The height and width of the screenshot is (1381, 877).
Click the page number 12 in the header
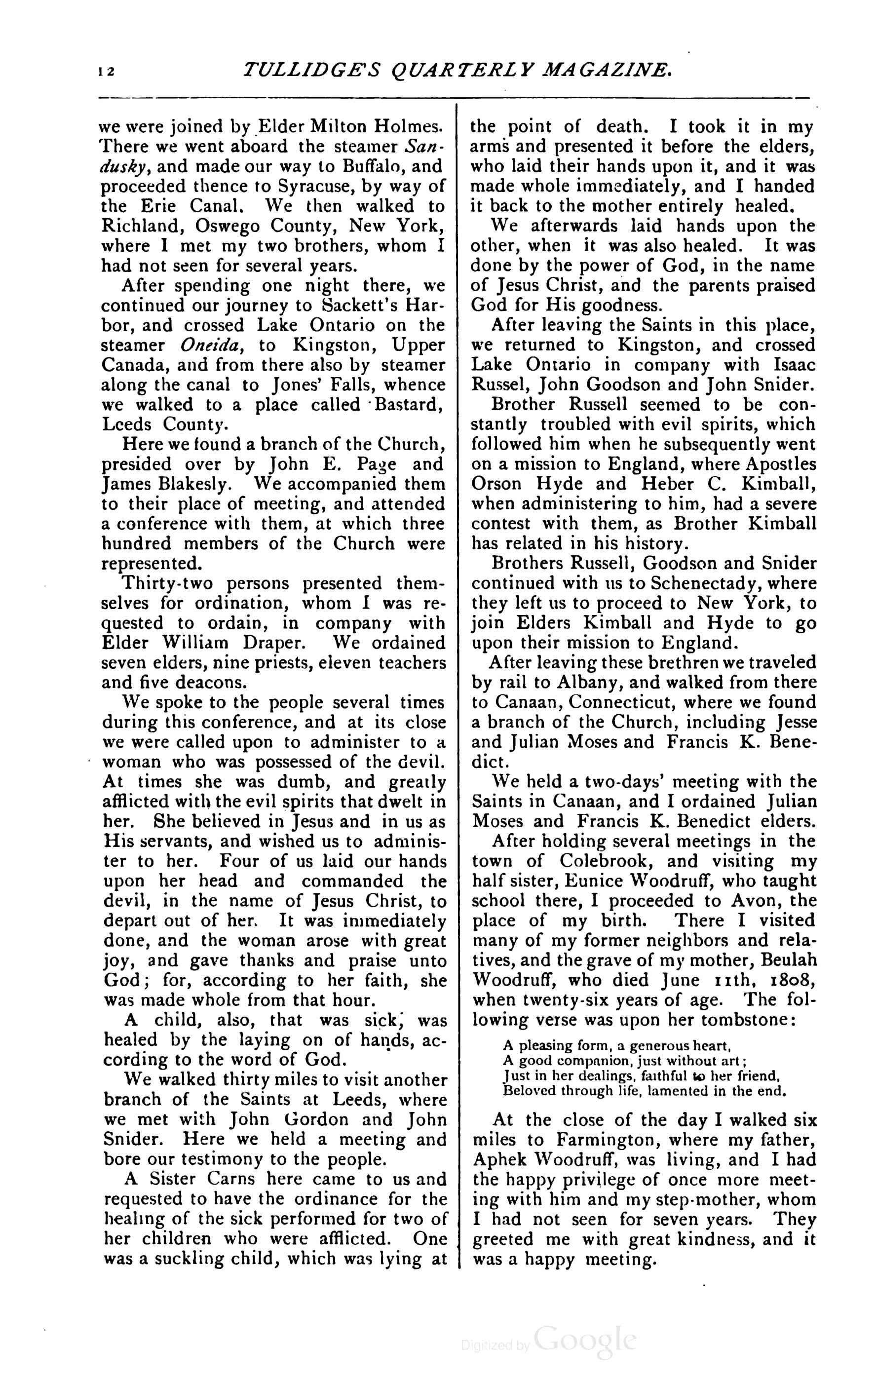pyautogui.click(x=107, y=71)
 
